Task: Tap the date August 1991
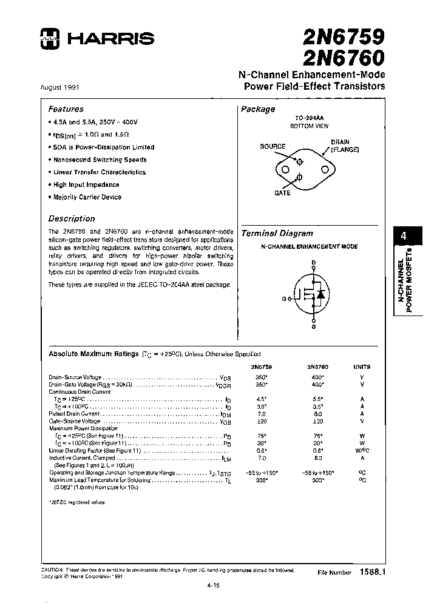tap(59, 87)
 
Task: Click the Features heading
tap(66, 109)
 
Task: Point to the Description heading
tap(72, 218)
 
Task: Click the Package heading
tap(258, 109)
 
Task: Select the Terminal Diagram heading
tap(277, 233)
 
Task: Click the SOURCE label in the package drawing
tap(273, 147)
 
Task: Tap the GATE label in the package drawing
tap(282, 193)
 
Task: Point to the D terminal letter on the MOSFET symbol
tap(314, 263)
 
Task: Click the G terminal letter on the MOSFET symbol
tap(283, 299)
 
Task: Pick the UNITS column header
tap(362, 366)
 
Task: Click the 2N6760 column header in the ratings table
tap(317, 366)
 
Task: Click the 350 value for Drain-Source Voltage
tap(261, 377)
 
